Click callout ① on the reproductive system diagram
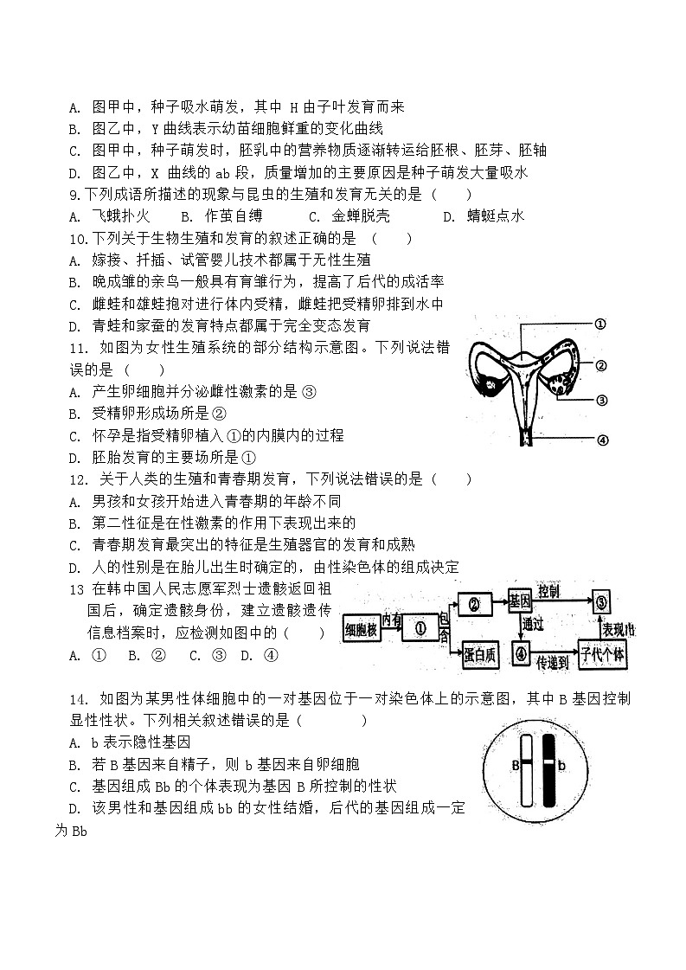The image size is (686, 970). (599, 324)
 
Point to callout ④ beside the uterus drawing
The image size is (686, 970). (603, 440)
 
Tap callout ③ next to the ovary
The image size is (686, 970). (602, 400)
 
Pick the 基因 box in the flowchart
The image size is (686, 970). (519, 601)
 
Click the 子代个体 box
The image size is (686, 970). (603, 655)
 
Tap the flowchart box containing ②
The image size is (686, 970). (474, 603)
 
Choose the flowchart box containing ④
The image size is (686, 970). (521, 654)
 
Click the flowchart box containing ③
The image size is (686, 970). (604, 601)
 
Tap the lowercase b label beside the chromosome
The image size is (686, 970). (561, 765)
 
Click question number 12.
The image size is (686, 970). (75, 479)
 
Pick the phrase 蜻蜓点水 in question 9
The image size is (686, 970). (495, 216)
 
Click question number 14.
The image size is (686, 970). (77, 698)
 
